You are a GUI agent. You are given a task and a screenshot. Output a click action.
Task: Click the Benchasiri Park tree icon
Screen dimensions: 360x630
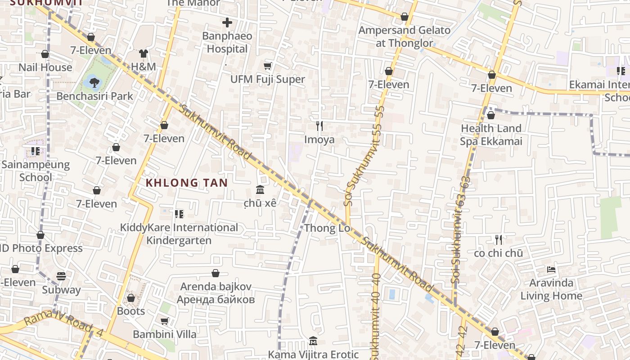point(94,82)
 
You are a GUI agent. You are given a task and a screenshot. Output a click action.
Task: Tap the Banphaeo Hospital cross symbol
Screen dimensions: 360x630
point(227,22)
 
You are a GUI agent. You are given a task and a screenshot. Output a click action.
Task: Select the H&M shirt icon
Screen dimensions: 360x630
point(143,54)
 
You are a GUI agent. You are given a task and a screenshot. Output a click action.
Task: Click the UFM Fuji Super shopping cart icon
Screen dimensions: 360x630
point(268,66)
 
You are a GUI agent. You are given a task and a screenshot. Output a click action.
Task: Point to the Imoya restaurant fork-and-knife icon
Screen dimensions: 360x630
point(319,126)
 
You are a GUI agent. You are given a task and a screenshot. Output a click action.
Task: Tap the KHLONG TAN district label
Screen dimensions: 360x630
point(187,183)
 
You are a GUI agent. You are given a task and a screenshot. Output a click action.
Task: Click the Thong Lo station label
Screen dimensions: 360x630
point(327,228)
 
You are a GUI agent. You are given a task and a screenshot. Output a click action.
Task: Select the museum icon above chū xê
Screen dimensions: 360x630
point(260,189)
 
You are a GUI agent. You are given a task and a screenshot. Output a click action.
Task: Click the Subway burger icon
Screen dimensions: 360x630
point(61,276)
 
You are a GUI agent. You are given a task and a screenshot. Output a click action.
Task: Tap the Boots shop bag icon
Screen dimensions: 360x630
point(131,298)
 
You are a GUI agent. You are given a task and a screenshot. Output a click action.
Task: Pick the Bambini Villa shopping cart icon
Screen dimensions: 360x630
point(165,321)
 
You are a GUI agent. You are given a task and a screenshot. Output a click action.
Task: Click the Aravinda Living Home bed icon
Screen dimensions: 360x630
point(551,270)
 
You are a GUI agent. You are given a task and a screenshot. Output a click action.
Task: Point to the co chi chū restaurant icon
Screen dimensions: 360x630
point(498,239)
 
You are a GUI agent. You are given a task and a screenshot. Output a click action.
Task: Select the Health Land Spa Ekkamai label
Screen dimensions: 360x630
point(491,135)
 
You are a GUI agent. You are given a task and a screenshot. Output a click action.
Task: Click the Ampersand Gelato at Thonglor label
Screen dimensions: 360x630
point(404,37)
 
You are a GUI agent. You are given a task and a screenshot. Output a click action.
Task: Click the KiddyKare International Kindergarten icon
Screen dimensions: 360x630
point(179,214)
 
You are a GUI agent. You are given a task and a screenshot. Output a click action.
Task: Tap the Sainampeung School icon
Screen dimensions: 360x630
point(36,151)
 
